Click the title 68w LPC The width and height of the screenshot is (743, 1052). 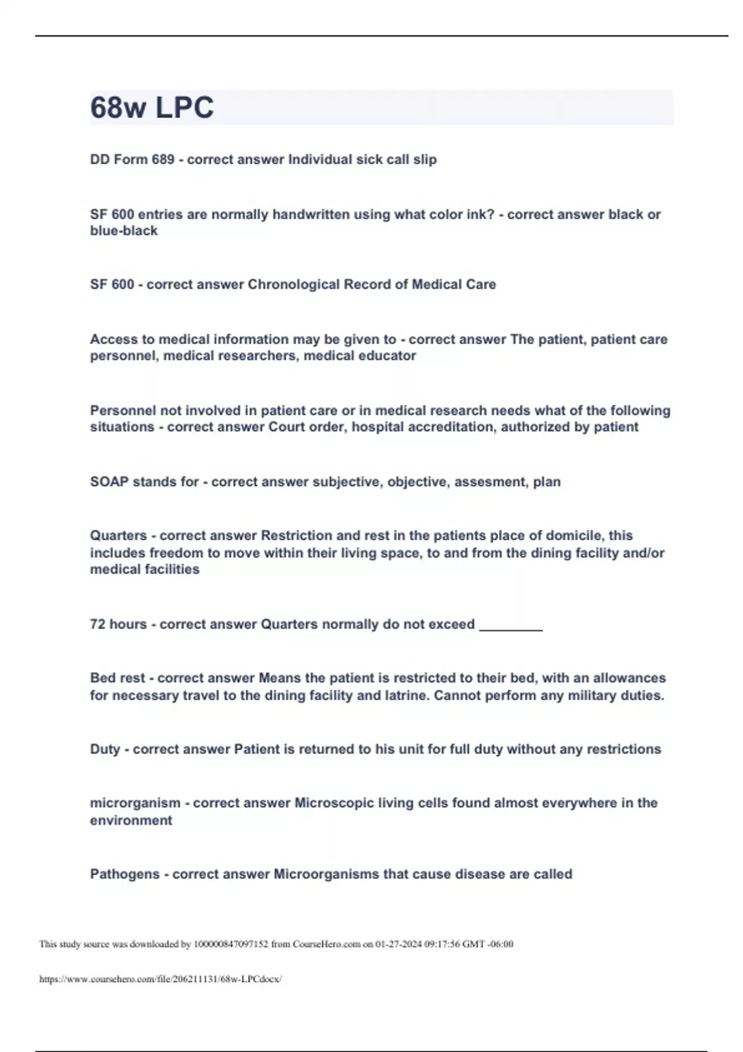tap(152, 108)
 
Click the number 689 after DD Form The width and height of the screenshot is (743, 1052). tap(163, 160)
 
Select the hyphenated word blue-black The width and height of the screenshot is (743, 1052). tap(124, 231)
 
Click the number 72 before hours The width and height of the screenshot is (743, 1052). tap(98, 624)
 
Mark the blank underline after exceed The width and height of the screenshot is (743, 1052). tap(511, 626)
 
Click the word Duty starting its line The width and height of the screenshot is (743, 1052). tap(105, 749)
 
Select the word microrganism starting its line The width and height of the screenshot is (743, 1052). tap(135, 803)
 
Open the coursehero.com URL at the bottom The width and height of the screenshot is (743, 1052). tap(160, 979)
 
